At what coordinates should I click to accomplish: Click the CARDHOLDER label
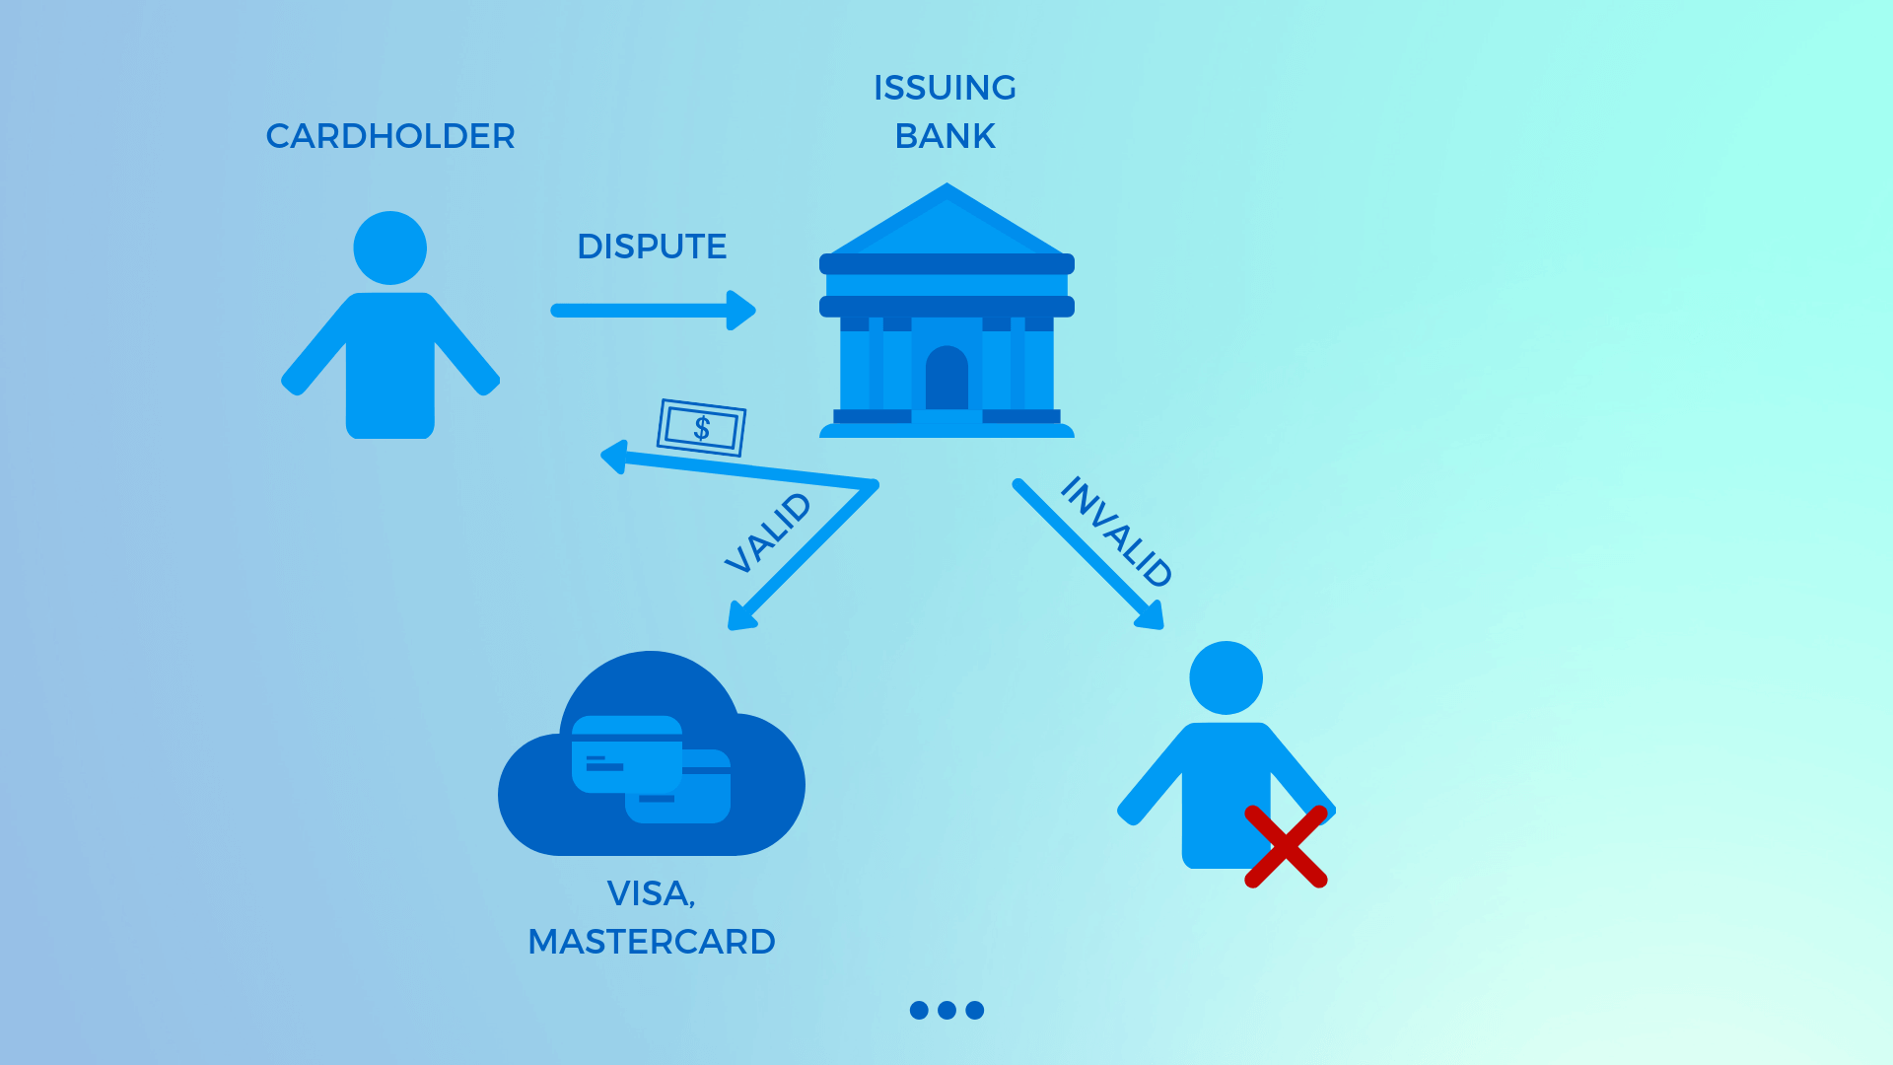(390, 136)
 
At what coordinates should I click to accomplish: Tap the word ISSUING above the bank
(945, 88)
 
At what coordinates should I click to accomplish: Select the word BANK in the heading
(945, 136)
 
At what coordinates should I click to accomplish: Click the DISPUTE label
(652, 247)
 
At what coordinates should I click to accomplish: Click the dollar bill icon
(701, 428)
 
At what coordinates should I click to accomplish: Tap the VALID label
(768, 532)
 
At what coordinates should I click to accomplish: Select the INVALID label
(1116, 532)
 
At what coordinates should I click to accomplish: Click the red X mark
(1286, 846)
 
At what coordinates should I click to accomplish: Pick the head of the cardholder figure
(390, 248)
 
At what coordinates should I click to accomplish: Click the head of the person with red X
(1226, 677)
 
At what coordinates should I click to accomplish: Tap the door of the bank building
(946, 379)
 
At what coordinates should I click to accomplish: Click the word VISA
(651, 893)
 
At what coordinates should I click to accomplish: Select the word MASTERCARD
(652, 942)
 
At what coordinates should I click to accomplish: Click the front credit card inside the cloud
(627, 754)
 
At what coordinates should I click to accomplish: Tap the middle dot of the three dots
(946, 1010)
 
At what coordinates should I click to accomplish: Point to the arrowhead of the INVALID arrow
(1153, 617)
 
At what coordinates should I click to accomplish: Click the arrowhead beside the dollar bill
(615, 457)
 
